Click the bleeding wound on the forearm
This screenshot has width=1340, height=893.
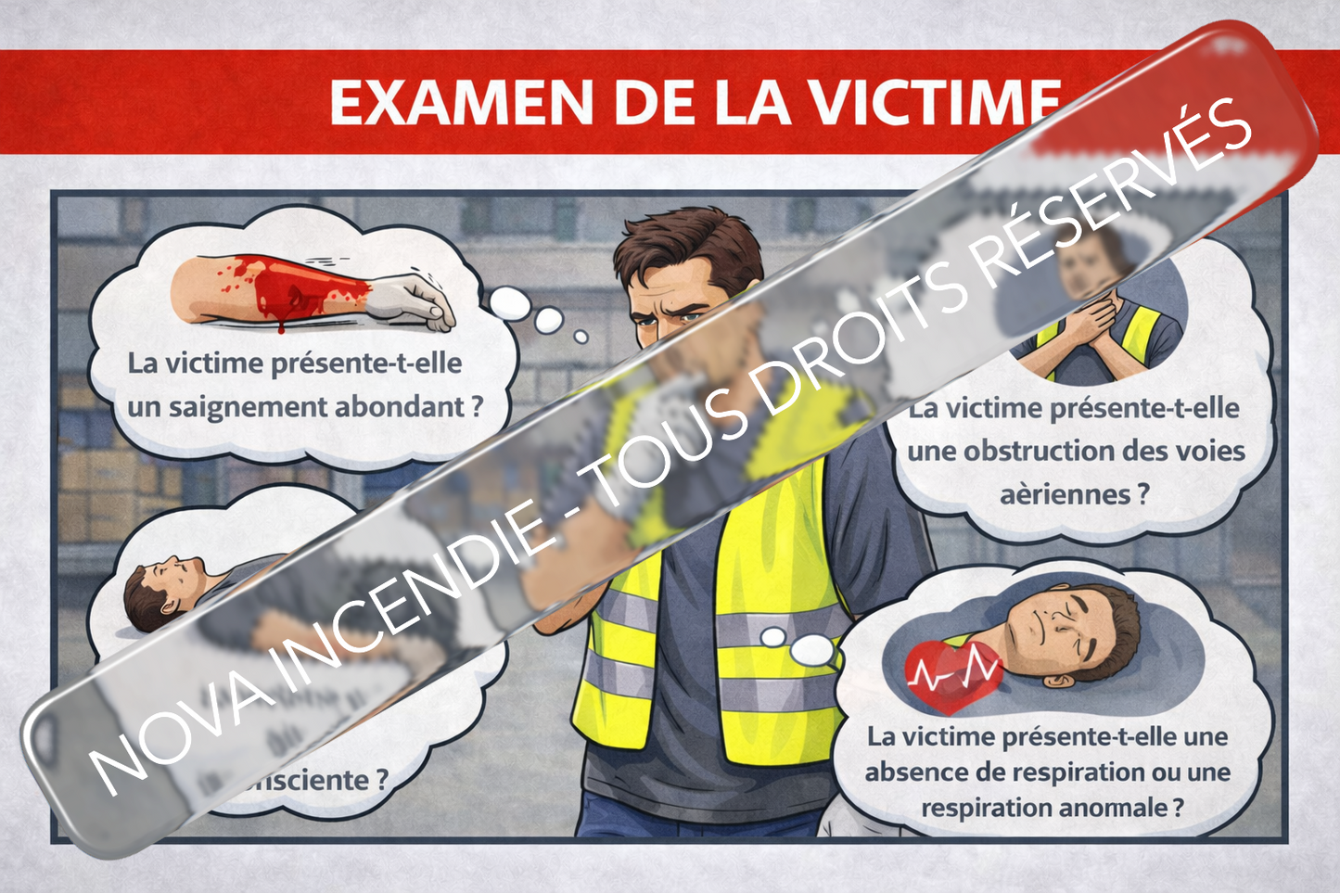click(x=278, y=289)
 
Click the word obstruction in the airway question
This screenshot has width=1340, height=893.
click(x=1040, y=452)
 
